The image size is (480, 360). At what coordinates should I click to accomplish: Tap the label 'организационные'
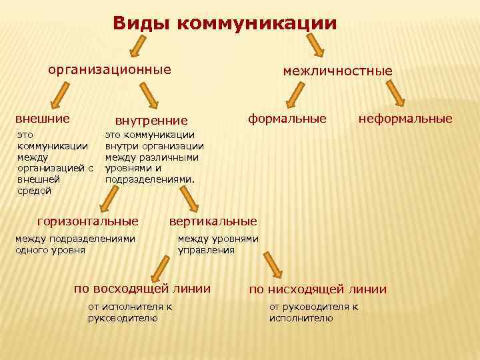coord(109,69)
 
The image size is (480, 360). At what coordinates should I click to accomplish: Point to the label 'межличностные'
coord(337,70)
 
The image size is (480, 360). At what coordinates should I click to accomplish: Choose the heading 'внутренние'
coord(151,121)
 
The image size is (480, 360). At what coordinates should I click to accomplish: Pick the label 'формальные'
coord(287,119)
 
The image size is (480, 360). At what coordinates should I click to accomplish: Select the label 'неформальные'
coord(405,119)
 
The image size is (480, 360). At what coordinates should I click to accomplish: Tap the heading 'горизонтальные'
coord(88,220)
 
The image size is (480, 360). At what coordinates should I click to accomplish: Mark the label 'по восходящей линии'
coord(142,289)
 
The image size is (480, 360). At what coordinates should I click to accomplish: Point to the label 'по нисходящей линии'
coord(318,289)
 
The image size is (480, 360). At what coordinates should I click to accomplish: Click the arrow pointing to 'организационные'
coord(137,47)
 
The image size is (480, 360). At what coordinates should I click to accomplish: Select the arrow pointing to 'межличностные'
coord(315,45)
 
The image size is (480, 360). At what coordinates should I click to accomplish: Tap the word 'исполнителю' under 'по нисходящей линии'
coord(301,319)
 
